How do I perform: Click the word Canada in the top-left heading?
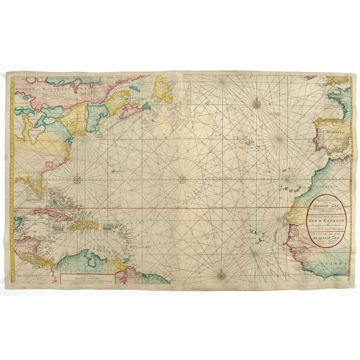point(24,89)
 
